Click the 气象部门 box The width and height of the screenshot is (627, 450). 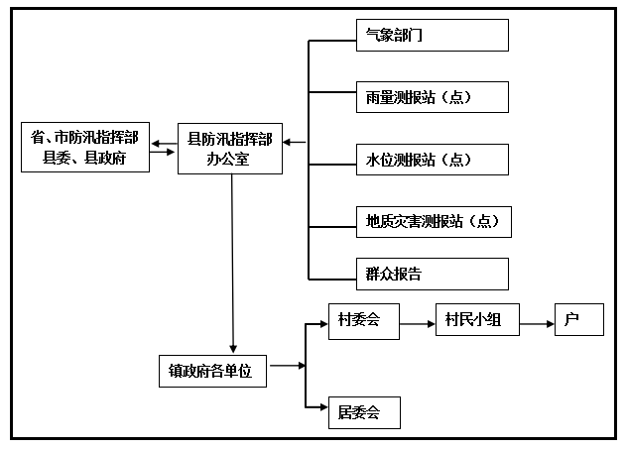pos(432,35)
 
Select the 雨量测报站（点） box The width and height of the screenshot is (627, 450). pos(432,97)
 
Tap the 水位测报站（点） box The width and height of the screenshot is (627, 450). pos(432,160)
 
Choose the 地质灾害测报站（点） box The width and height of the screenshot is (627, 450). pos(434,222)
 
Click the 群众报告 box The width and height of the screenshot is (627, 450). pos(432,274)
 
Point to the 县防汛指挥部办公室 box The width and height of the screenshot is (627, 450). pos(229,148)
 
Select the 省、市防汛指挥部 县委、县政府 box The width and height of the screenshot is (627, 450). pos(85,148)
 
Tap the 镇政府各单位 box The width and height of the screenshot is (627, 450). pos(212,371)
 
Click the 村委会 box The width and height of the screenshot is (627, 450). pos(363,320)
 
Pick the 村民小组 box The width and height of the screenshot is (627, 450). pos(477,320)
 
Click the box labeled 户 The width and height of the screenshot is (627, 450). pos(578,320)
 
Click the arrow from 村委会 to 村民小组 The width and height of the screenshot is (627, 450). pos(417,320)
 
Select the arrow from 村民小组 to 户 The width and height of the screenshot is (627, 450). pos(537,320)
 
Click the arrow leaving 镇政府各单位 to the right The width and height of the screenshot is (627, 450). pos(286,366)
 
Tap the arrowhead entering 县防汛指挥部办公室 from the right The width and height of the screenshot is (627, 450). pos(287,142)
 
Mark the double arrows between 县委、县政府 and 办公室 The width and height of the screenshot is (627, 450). pos(164,149)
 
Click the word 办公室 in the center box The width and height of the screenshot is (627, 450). pos(229,158)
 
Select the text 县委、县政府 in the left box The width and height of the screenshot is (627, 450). pos(84,159)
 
